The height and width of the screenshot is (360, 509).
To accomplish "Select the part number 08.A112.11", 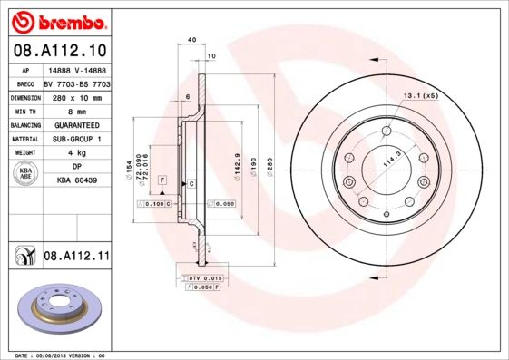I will pos(77,258).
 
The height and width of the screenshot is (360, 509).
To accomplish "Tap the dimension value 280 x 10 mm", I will pos(77,95).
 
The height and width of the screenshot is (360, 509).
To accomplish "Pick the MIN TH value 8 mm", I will pos(77,109).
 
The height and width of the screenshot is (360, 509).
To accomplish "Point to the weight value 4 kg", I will pos(77,153).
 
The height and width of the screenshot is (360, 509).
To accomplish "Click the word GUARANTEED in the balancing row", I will pos(77,124).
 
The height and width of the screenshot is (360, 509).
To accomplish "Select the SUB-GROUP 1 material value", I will pos(77,139).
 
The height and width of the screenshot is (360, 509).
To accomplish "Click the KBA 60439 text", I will pos(77,181).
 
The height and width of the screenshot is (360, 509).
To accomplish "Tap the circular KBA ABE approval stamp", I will pos(26,173).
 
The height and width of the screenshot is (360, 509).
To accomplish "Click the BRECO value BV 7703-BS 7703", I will pos(77,82).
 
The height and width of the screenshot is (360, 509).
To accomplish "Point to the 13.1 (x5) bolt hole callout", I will pos(420,95).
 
